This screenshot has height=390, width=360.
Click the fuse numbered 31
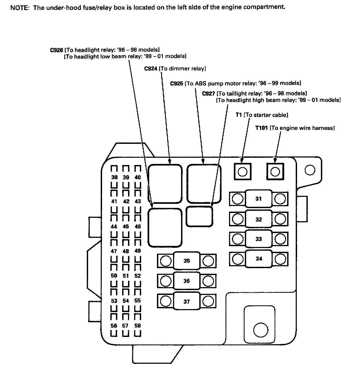pyautogui.click(x=258, y=199)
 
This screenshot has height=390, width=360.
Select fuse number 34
pyautogui.click(x=259, y=259)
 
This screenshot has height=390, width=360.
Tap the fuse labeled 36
pyautogui.click(x=187, y=281)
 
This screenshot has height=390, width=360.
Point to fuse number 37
pyautogui.click(x=187, y=302)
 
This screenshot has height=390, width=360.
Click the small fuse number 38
pyautogui.click(x=114, y=177)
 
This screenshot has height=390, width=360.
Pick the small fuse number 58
pyautogui.click(x=138, y=326)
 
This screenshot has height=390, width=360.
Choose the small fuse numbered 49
pyautogui.click(x=138, y=251)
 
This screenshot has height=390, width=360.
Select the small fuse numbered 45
pyautogui.click(x=126, y=227)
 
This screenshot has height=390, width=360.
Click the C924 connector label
pyautogui.click(x=151, y=69)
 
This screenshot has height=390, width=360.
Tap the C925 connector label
pyautogui.click(x=177, y=83)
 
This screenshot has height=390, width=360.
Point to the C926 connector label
pyautogui.click(x=57, y=50)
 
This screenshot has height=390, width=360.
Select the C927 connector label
pyautogui.click(x=208, y=93)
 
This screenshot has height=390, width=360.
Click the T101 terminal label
pyautogui.click(x=261, y=128)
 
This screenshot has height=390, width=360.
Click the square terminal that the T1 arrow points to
pyautogui.click(x=243, y=171)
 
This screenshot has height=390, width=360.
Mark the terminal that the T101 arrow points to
pyautogui.click(x=275, y=171)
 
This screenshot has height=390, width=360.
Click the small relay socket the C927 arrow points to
pyautogui.click(x=200, y=216)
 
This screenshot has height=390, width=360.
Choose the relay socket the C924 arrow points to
pyautogui.click(x=165, y=183)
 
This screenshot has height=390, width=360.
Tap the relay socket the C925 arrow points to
pyautogui.click(x=204, y=183)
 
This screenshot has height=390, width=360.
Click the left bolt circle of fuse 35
pyautogui.click(x=166, y=261)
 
